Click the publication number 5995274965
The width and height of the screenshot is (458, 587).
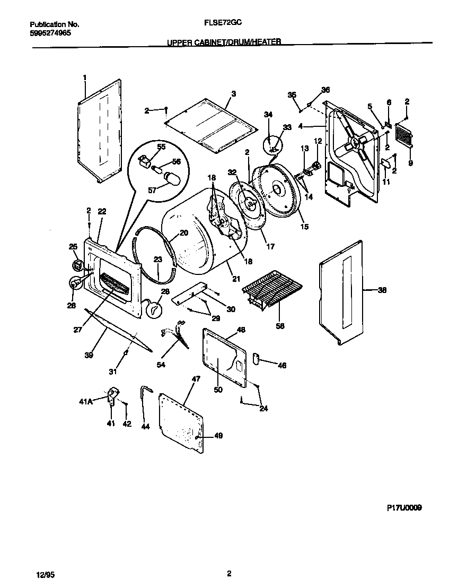point(50,32)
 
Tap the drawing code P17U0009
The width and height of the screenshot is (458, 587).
point(404,507)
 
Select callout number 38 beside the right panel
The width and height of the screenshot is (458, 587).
point(382,290)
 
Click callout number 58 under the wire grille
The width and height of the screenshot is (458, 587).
point(280,326)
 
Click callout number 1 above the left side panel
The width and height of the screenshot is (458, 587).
point(84,78)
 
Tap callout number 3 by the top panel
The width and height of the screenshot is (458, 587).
point(233,94)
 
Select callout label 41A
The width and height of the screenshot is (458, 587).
point(86,402)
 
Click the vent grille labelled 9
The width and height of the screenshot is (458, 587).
point(404,138)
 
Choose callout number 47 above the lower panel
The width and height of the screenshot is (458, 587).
point(196,379)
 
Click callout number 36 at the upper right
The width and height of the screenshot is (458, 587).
point(325,90)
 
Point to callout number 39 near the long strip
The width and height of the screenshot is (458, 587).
point(89,355)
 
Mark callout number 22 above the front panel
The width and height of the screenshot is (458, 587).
point(102,211)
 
